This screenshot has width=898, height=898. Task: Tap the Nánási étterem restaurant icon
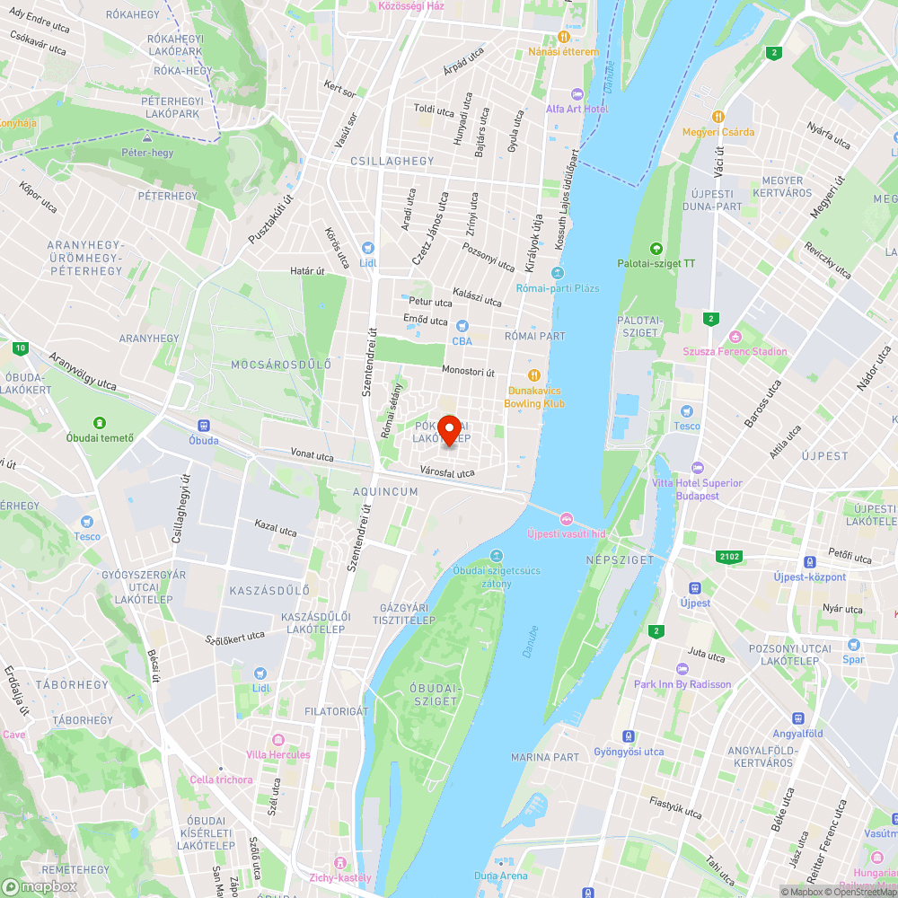point(563,37)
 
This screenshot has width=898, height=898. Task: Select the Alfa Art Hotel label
point(577,109)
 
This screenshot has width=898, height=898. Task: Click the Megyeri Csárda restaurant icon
point(718,117)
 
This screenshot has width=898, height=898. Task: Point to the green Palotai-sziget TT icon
point(656,249)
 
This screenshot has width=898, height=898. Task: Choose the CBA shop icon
point(462,326)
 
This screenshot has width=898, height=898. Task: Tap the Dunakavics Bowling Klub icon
point(534,375)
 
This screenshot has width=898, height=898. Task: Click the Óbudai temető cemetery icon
point(100,422)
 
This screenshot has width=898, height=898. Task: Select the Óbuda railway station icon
point(204,426)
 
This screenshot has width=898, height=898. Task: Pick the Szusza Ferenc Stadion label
point(735,351)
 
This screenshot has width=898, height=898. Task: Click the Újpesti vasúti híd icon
point(567,518)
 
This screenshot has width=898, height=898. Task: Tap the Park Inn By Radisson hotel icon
point(682,669)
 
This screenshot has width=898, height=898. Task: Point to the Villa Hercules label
point(278,754)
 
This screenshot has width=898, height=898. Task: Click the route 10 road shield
point(20,348)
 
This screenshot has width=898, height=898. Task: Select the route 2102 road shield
point(729,557)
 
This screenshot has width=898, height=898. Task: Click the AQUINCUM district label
point(385,492)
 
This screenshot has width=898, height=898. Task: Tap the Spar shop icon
point(853,644)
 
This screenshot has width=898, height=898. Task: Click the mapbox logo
point(40,885)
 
